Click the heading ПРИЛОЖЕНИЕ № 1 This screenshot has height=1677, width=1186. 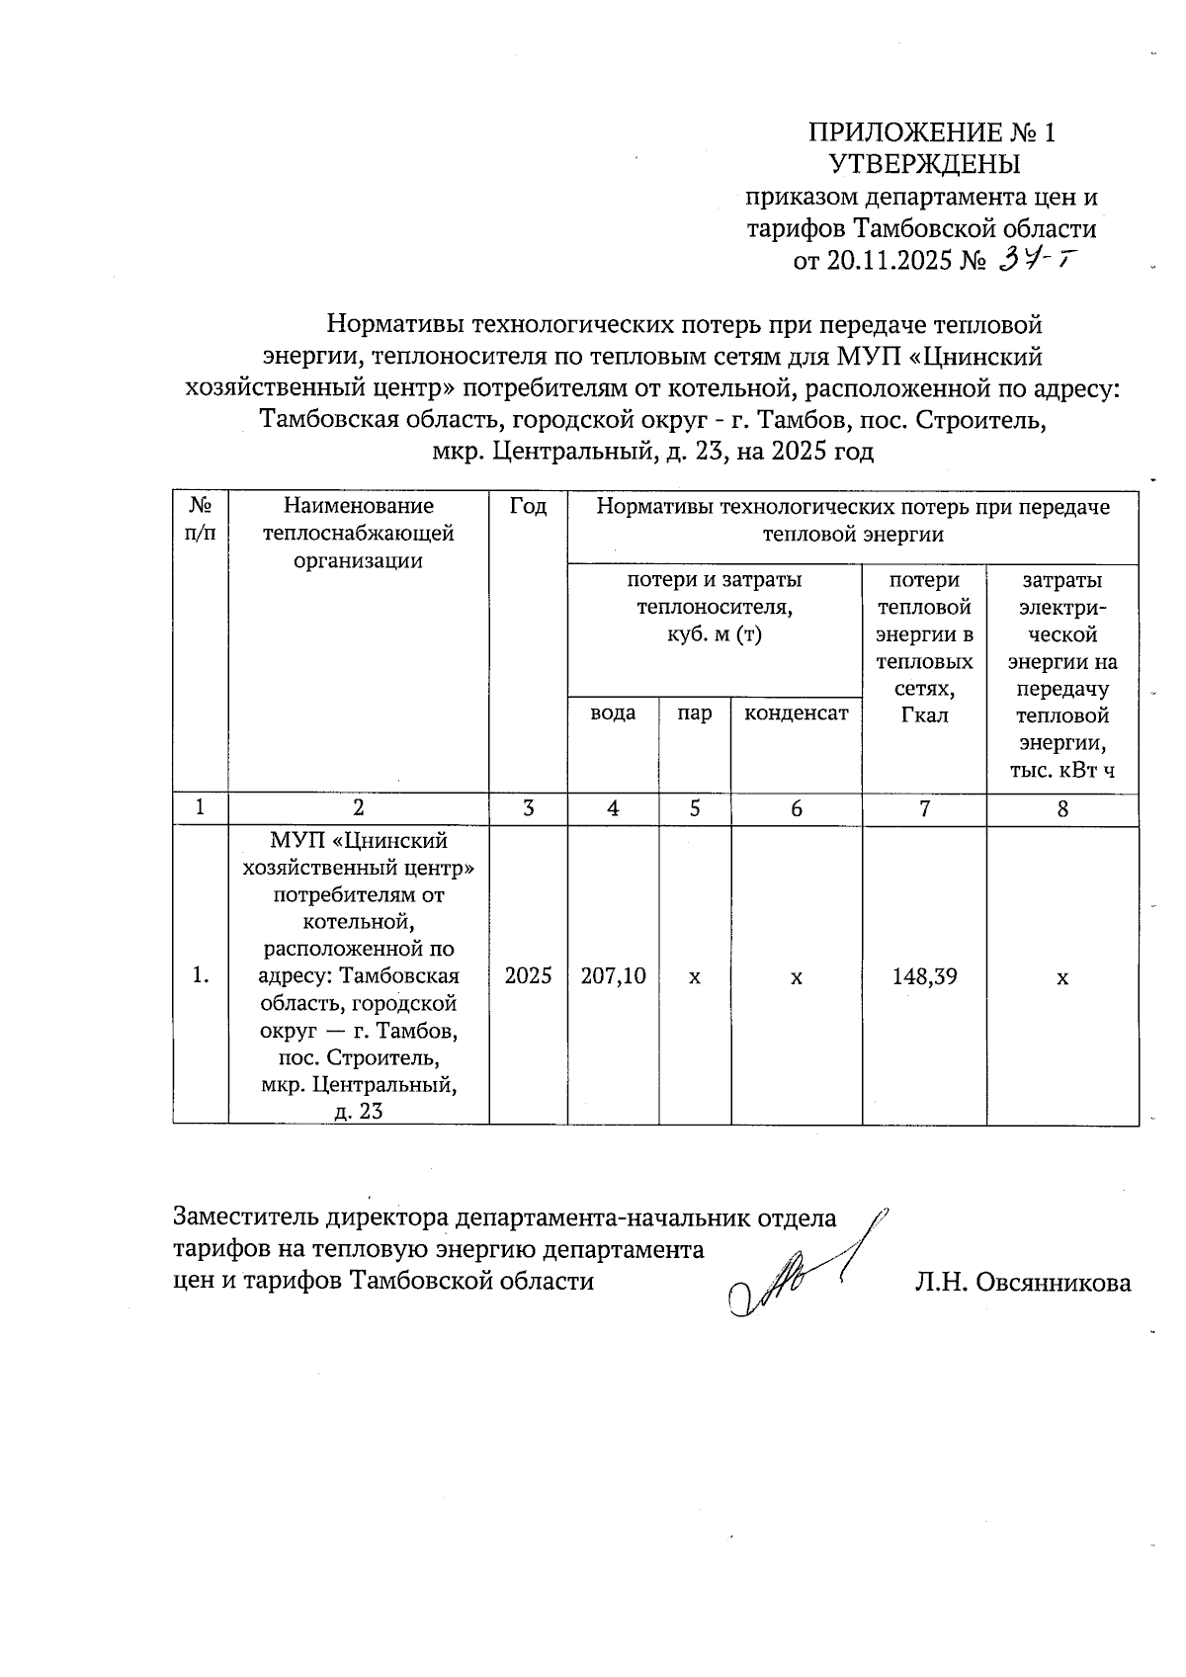coord(932,132)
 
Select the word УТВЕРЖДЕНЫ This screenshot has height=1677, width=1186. coord(924,164)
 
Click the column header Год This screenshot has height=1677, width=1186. coord(528,507)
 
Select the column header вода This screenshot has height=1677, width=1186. coord(613,713)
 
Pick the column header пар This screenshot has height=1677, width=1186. coord(695,713)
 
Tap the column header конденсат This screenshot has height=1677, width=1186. coord(796,713)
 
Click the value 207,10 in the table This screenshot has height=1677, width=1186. coord(613,976)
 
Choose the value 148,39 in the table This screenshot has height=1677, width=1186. coord(923,976)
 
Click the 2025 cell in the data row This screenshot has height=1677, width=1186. coord(528,976)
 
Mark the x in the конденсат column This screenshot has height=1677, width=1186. coord(796,977)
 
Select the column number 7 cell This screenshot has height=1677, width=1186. coord(923,808)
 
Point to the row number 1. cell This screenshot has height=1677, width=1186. coord(201,976)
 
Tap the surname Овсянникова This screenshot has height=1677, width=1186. coord(1051,1283)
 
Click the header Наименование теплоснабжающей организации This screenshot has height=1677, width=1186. coord(358,534)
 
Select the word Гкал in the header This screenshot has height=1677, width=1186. coord(923,714)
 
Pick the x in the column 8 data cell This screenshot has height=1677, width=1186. coord(1061,977)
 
